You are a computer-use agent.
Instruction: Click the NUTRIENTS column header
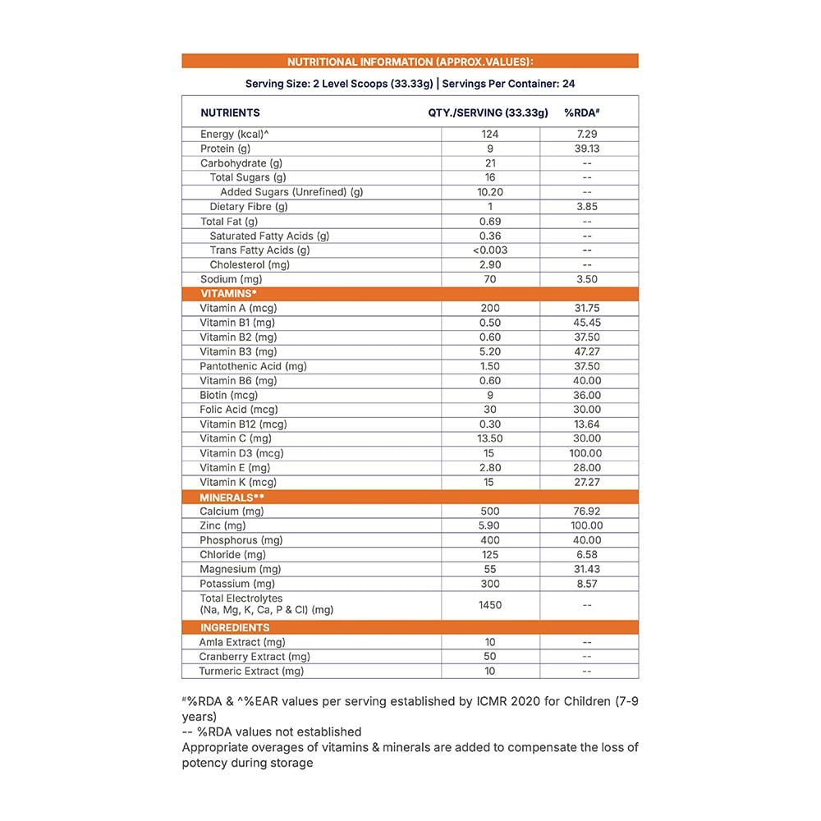[x=230, y=112]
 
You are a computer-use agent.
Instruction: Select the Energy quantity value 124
[x=490, y=134]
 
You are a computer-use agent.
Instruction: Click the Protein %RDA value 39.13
[x=587, y=149]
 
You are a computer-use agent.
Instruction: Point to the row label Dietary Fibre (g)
[x=249, y=207]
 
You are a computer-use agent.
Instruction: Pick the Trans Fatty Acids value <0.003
[x=490, y=250]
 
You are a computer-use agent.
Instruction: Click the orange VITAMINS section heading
[x=229, y=293]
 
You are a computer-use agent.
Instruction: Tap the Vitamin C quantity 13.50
[x=490, y=438]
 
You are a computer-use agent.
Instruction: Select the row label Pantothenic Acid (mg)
[x=253, y=366]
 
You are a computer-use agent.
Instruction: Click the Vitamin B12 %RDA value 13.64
[x=587, y=424]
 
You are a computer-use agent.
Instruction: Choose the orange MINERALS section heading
[x=232, y=497]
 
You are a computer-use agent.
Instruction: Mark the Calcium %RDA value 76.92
[x=587, y=511]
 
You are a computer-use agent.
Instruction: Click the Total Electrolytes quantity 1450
[x=490, y=604]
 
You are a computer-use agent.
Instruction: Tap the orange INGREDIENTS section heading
[x=235, y=627]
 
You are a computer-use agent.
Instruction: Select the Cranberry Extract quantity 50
[x=490, y=657]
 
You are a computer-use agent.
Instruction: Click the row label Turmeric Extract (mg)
[x=251, y=672]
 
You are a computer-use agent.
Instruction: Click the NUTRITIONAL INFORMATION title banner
[x=410, y=62]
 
